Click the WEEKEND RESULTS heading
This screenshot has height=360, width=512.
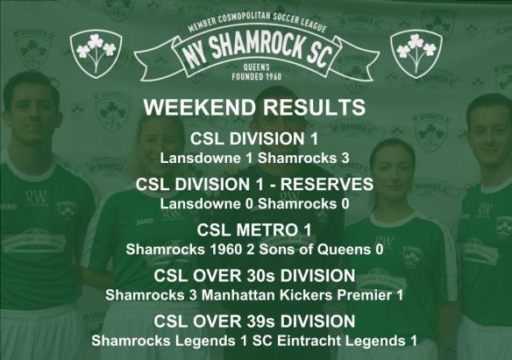254,109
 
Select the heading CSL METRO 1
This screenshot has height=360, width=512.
254,230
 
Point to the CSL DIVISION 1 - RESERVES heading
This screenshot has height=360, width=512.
254,185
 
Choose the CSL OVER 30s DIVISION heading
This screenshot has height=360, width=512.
254,276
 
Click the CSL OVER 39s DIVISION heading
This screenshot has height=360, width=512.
254,321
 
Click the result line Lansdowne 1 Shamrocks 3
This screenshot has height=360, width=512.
254,159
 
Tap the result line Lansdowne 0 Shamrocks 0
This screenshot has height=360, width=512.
254,204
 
